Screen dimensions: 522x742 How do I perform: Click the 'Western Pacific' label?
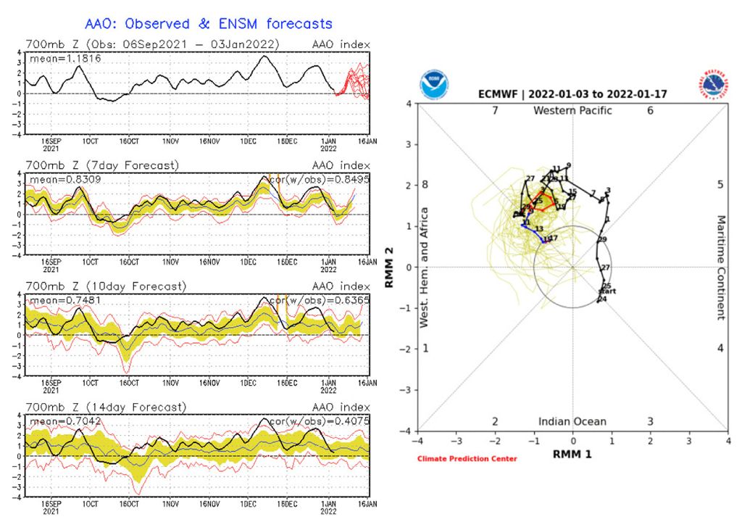(x=572, y=111)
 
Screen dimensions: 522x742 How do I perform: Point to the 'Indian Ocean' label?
(x=572, y=422)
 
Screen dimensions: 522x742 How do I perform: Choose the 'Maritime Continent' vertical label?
(x=721, y=268)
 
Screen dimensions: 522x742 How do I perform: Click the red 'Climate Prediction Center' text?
(x=467, y=459)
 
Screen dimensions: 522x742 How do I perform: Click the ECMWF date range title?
(x=573, y=94)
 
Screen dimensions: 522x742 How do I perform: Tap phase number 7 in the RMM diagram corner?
(x=495, y=111)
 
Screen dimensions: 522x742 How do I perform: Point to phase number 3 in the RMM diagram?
(x=651, y=422)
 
